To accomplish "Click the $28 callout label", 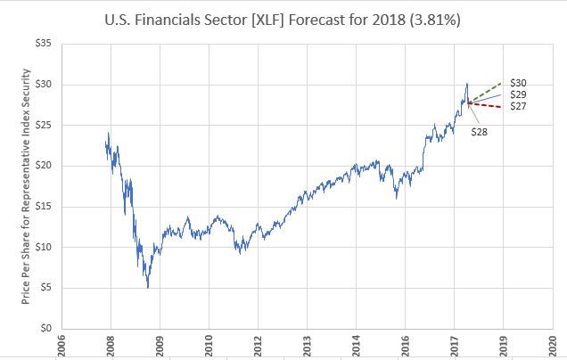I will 479,132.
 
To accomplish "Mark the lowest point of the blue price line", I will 148,287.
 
